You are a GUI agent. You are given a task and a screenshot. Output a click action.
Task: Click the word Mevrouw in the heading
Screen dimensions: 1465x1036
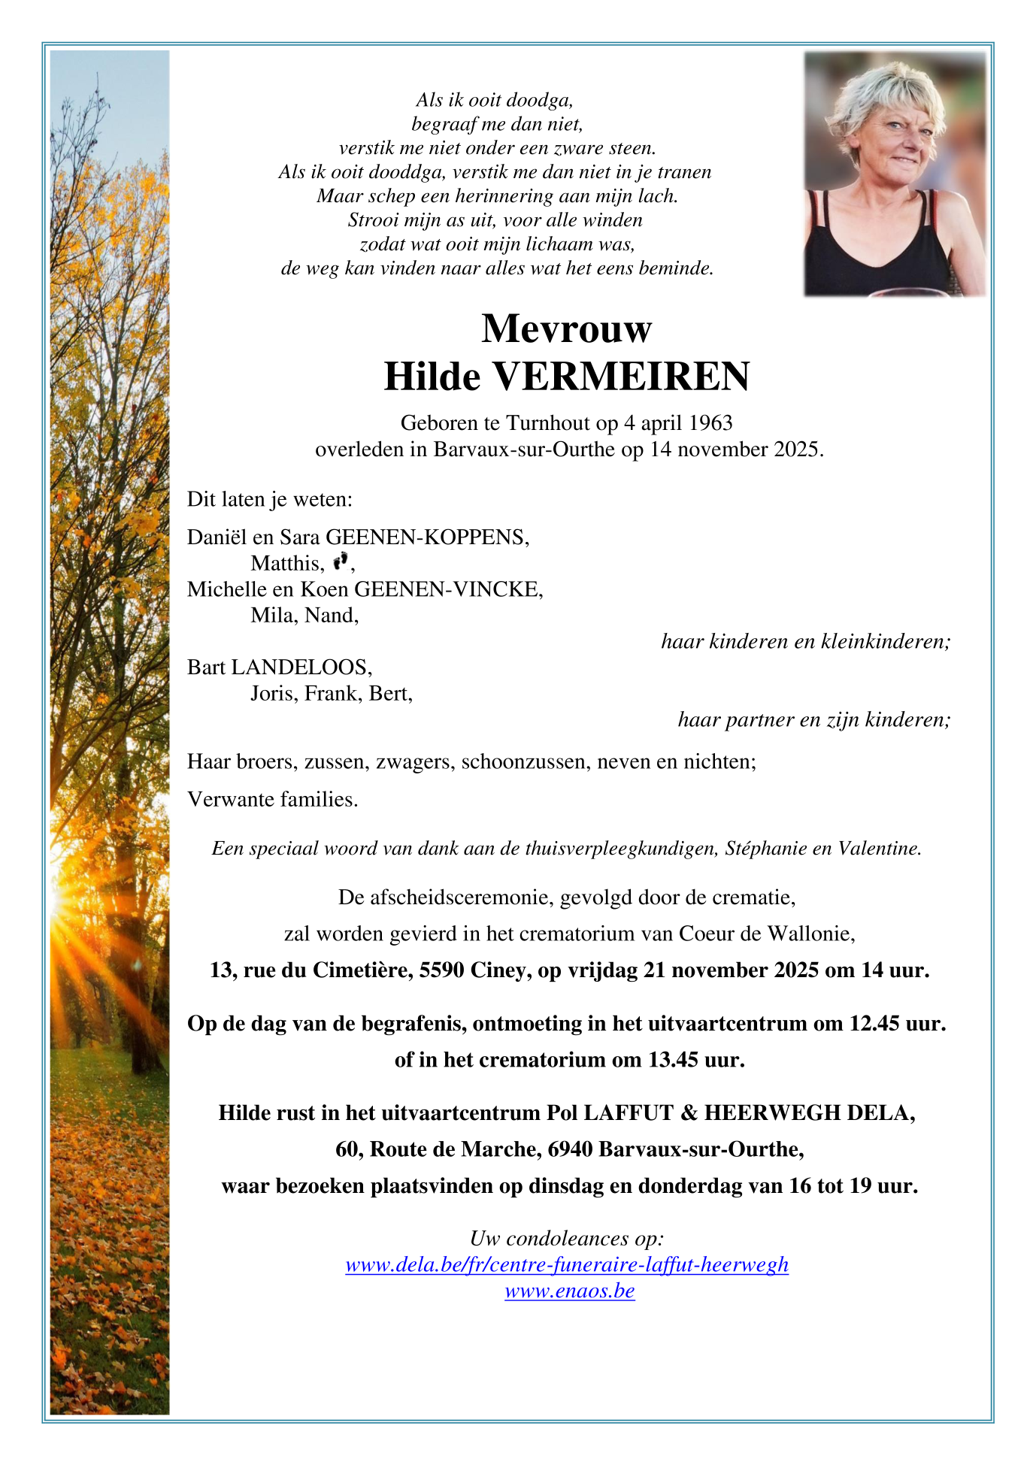pyautogui.click(x=566, y=328)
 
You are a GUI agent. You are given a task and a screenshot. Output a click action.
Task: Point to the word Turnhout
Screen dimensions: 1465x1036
pyautogui.click(x=548, y=423)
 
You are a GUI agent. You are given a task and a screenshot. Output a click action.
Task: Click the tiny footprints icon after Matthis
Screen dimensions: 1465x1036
pyautogui.click(x=341, y=560)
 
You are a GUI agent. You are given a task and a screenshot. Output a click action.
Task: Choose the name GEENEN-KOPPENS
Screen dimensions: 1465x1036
pyautogui.click(x=426, y=537)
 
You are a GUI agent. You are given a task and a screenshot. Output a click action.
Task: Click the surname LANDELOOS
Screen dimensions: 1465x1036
pyautogui.click(x=301, y=667)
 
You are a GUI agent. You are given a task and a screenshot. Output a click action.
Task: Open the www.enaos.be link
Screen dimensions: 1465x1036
pyautogui.click(x=570, y=1291)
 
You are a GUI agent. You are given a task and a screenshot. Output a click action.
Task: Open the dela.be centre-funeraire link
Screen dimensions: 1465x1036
pyautogui.click(x=567, y=1265)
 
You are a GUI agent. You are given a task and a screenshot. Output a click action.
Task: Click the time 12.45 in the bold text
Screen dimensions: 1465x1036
pyautogui.click(x=874, y=1024)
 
